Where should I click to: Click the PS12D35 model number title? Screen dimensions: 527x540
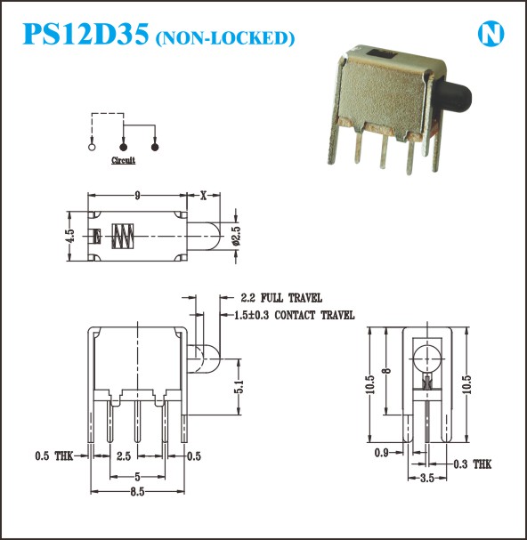85,34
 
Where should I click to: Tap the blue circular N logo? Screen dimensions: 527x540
491,34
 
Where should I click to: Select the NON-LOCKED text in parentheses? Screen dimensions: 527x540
225,38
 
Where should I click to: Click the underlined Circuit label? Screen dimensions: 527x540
123,160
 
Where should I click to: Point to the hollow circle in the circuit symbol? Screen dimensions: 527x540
92,147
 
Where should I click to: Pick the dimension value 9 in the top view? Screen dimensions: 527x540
137,196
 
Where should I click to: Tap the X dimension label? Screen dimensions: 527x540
203,196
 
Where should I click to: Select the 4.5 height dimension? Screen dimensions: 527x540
69,236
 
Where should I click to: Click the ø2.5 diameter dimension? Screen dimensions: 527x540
237,236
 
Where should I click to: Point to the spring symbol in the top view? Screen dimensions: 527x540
123,236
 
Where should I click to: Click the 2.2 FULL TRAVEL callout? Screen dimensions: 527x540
281,297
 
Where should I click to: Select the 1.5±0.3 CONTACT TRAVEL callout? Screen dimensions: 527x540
294,315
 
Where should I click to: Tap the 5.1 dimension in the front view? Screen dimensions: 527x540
239,386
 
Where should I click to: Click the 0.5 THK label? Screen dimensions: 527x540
54,456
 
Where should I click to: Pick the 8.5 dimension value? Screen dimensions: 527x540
137,492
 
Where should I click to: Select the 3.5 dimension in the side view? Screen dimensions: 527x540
426,479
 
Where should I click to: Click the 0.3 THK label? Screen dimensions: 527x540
473,464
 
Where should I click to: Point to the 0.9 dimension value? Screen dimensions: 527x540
381,453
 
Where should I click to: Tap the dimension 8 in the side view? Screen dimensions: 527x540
386,371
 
